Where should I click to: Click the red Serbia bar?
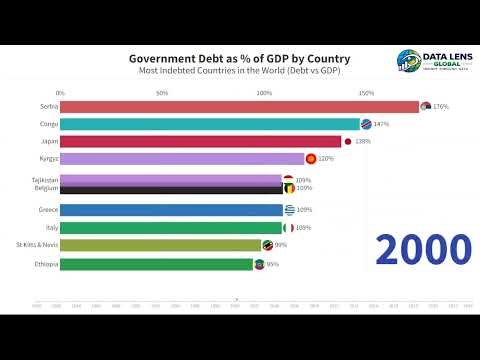[x=240, y=106]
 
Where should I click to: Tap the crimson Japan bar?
[x=200, y=141]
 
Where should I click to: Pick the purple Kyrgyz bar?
[x=182, y=159]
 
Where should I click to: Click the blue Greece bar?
[x=172, y=210]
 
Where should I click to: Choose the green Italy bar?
[x=172, y=228]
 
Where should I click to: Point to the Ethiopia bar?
[x=157, y=264]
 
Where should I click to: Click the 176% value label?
[x=441, y=107]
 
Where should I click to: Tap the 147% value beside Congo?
[x=380, y=124]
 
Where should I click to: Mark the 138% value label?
[x=362, y=142]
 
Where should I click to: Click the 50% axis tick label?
[x=162, y=92]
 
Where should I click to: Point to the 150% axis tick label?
[x=366, y=92]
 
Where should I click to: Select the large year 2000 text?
[x=423, y=249]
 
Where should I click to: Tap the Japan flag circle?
[x=347, y=142]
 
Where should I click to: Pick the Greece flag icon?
[x=289, y=210]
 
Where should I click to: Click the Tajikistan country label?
[x=44, y=179]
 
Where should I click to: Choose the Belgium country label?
[x=46, y=187]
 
